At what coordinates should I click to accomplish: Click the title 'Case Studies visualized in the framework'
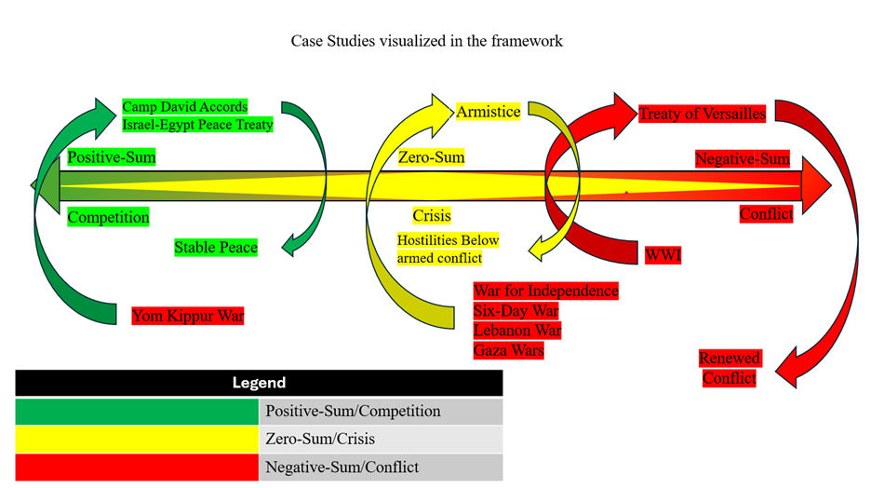coord(426,41)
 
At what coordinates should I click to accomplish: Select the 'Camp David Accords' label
coord(185,107)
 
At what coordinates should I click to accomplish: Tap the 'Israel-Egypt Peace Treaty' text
coord(197,124)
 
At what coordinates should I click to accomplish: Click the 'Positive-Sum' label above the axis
coord(112,157)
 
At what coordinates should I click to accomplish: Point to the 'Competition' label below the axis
coord(108,217)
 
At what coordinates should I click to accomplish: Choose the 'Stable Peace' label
coord(216,248)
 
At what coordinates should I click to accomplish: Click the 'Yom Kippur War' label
coord(188,316)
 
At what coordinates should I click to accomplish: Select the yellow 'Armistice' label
coord(488,112)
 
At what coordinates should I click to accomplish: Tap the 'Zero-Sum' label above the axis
coord(431,157)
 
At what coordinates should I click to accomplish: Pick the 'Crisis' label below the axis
coord(432,216)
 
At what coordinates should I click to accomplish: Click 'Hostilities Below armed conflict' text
coord(449,249)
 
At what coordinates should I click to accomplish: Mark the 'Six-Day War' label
coord(516,311)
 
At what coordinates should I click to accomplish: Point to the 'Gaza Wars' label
coord(508,350)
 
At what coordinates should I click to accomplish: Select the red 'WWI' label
coord(663,254)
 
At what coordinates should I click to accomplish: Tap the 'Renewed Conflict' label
coord(730,368)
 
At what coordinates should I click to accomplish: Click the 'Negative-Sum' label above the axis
coord(743,159)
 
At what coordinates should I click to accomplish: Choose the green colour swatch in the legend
coord(137,411)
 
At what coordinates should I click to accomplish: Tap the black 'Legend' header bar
coord(259,383)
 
